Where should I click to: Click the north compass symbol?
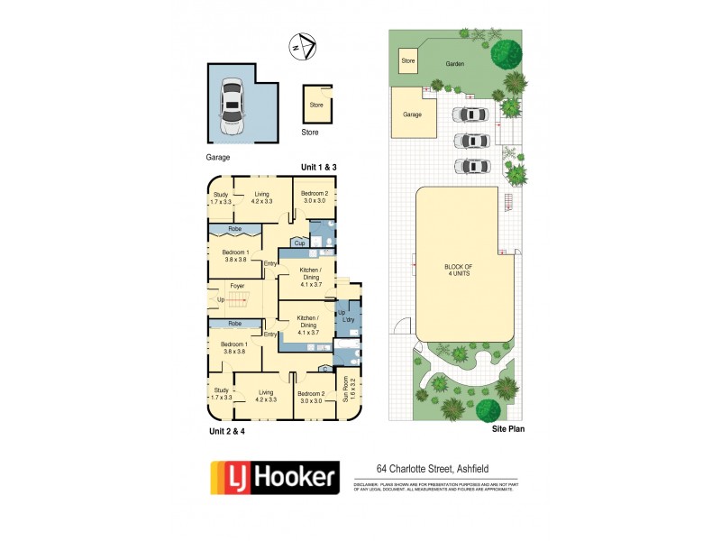(304, 44)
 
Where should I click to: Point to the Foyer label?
(237, 286)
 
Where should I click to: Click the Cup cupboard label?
(299, 243)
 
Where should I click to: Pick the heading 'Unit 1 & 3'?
(318, 168)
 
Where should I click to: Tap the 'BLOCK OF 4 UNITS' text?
(464, 270)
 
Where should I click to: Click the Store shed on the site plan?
(408, 61)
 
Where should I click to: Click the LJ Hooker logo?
(274, 475)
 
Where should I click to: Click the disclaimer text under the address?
(434, 488)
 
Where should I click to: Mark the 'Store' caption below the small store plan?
(309, 133)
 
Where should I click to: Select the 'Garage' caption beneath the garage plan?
(219, 156)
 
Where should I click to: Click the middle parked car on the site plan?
(471, 141)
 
